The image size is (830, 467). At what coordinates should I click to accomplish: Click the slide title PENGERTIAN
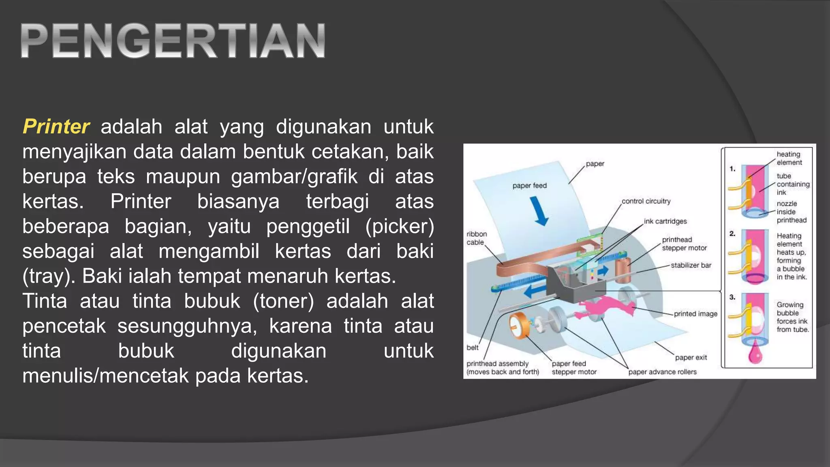click(x=173, y=41)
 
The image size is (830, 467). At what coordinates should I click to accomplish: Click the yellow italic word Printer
click(x=56, y=126)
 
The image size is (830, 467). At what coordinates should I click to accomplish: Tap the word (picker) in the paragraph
click(x=400, y=226)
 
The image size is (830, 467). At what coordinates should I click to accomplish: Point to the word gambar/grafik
click(x=294, y=177)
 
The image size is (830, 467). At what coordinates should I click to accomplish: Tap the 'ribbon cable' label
click(x=476, y=238)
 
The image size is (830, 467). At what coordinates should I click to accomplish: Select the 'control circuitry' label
click(x=646, y=201)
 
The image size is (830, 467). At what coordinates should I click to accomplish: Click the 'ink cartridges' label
click(x=665, y=221)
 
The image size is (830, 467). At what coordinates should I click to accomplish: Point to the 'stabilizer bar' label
click(x=691, y=265)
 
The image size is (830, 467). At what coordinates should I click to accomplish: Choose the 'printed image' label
click(x=695, y=314)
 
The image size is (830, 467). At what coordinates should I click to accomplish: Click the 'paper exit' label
click(x=691, y=358)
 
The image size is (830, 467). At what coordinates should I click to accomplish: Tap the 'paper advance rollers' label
click(x=662, y=372)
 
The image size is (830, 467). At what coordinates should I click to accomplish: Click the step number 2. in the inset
click(x=732, y=233)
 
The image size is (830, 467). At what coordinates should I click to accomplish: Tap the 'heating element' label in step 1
click(x=789, y=158)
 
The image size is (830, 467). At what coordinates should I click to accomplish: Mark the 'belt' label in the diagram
click(x=473, y=347)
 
